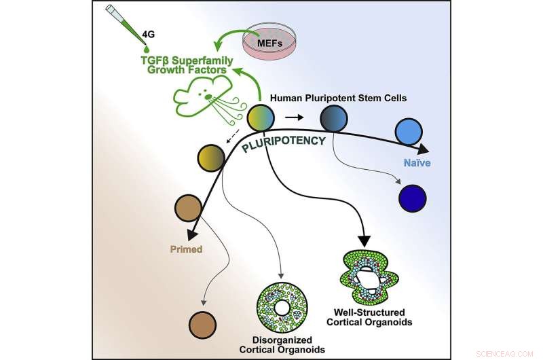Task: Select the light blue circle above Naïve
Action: (x=409, y=128)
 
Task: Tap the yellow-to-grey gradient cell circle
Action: (x=211, y=157)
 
